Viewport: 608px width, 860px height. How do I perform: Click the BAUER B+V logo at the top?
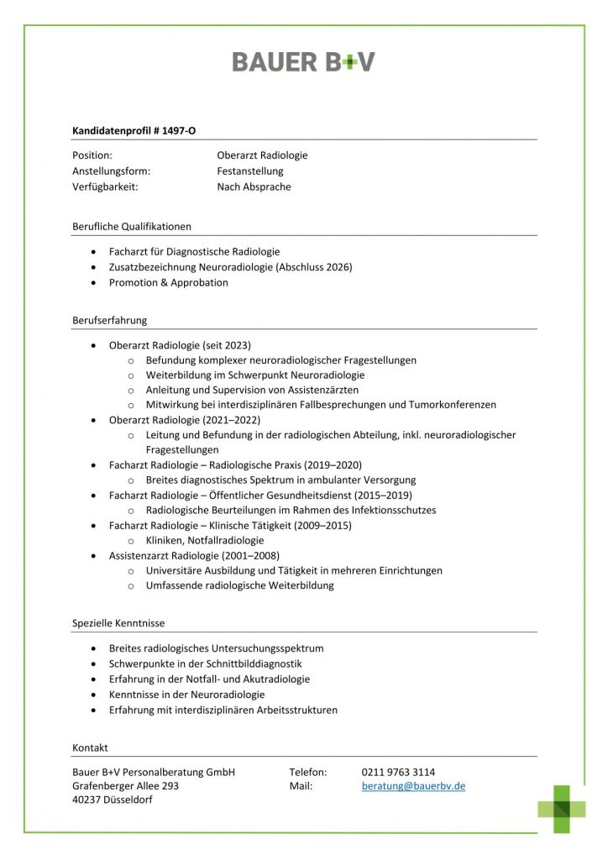tap(303, 61)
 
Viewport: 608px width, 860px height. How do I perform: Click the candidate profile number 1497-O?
tap(181, 130)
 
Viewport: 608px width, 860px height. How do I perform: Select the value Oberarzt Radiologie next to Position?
tap(262, 155)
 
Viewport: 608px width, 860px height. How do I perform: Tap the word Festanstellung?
tap(250, 171)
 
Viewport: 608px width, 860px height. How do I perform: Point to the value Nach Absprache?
tap(254, 187)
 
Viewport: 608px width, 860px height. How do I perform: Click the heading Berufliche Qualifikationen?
tap(132, 227)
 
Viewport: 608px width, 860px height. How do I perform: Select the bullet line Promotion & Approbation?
tap(168, 283)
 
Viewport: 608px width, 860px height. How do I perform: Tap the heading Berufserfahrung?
tap(110, 320)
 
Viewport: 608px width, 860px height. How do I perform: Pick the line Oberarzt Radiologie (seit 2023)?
tap(180, 345)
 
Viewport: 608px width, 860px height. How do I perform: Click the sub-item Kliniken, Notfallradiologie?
tap(205, 541)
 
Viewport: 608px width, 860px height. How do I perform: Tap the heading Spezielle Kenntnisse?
tap(118, 623)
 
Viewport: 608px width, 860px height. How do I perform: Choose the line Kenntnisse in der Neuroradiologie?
tap(186, 695)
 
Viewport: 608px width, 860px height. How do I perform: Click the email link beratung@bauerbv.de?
tap(413, 786)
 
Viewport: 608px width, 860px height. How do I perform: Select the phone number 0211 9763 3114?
tap(398, 772)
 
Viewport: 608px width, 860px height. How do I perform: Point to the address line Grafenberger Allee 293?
tap(126, 786)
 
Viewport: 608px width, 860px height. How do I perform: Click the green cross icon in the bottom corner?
tap(562, 809)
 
